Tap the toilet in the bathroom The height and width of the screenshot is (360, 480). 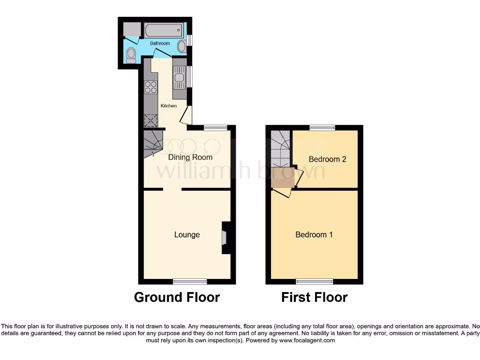coord(131,55)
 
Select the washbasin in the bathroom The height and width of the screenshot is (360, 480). coord(181,46)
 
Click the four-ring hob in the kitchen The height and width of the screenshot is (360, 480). coord(150,87)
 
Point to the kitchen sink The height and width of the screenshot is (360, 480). coord(179,78)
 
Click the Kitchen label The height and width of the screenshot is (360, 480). coord(169,106)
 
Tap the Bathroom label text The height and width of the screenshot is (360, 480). coord(160,44)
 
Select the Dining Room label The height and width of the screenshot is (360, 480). coord(190,157)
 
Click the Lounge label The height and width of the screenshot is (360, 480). coord(187,235)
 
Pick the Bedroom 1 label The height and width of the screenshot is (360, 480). coord(314,235)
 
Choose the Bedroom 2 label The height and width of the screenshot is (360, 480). coord(327,159)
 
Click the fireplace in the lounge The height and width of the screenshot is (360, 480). coord(225,238)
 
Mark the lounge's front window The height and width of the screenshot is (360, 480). coord(190,281)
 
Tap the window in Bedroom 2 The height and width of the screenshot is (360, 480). coord(322,127)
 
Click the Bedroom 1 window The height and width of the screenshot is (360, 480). coord(315,281)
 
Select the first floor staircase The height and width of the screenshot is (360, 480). coord(280,148)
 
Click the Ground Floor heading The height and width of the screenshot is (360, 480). coord(177,297)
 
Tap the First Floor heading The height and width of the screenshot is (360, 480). coord(314,297)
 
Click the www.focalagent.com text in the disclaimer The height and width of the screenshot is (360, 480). coord(307,341)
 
